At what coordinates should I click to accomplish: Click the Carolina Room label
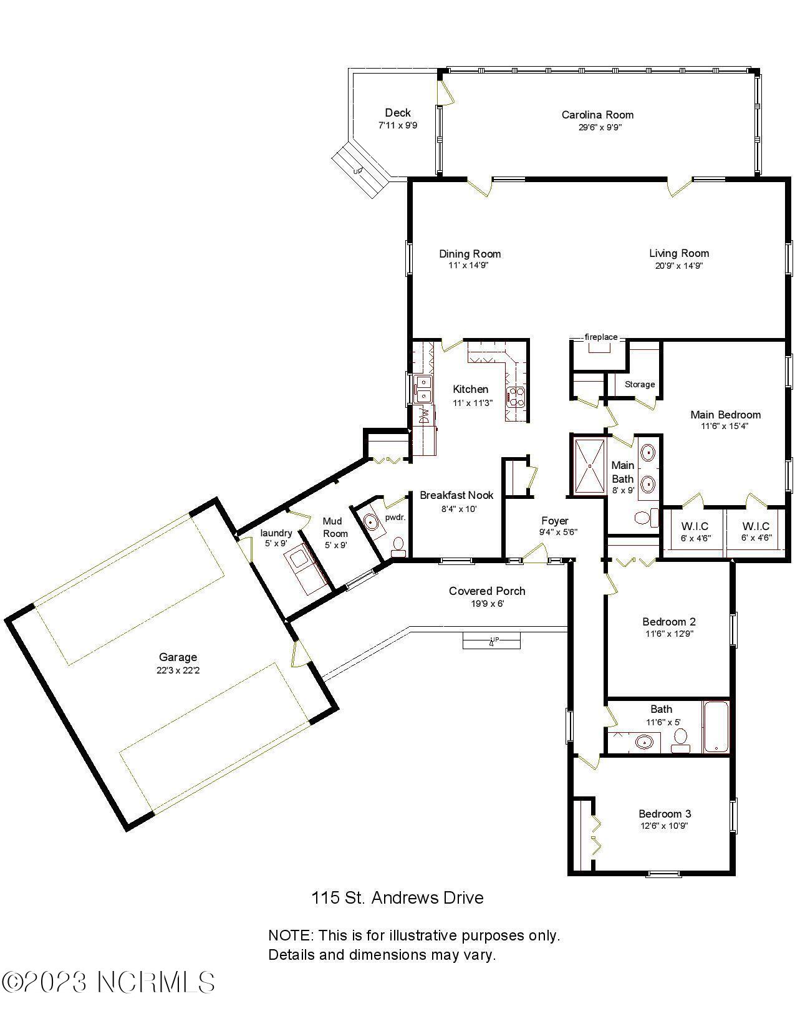tap(597, 115)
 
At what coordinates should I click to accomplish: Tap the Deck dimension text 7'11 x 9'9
tap(397, 125)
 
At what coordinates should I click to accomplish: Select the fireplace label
tap(600, 337)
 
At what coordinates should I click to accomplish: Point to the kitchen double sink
tap(423, 389)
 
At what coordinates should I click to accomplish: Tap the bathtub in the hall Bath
tap(716, 727)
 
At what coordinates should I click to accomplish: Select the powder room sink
tap(371, 523)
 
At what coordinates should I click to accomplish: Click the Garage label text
tap(178, 657)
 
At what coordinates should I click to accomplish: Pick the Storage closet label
tap(640, 384)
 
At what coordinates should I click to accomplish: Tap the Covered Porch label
tap(487, 591)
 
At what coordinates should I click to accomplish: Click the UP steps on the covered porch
tap(491, 640)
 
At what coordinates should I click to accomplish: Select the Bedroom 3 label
tap(664, 814)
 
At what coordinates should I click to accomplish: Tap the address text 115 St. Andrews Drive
tap(397, 898)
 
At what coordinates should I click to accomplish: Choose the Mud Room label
tap(335, 527)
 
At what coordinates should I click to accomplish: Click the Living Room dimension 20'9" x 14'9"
tap(678, 265)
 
